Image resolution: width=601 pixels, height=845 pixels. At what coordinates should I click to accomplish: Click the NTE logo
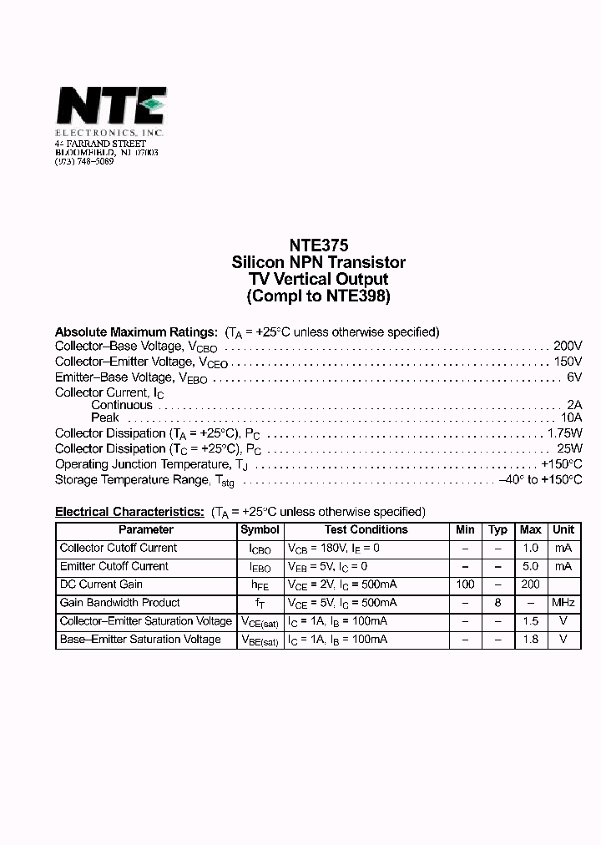pyautogui.click(x=110, y=107)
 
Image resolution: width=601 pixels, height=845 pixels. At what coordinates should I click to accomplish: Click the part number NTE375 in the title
pyautogui.click(x=318, y=246)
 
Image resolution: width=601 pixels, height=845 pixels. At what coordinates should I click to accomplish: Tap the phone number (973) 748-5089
pyautogui.click(x=84, y=161)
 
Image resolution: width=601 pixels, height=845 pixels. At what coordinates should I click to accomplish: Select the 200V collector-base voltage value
pyautogui.click(x=567, y=346)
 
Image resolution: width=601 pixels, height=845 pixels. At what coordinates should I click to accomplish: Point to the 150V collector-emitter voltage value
pyautogui.click(x=567, y=362)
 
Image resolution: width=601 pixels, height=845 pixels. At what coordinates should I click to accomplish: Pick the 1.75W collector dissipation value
pyautogui.click(x=563, y=433)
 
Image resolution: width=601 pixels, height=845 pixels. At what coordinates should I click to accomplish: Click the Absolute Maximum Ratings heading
pyautogui.click(x=136, y=331)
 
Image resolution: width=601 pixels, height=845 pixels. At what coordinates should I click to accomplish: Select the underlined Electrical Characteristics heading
pyautogui.click(x=129, y=512)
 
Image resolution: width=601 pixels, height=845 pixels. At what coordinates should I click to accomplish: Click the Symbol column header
pyautogui.click(x=260, y=530)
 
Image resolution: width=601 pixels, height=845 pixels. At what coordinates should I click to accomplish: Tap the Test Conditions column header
pyautogui.click(x=366, y=530)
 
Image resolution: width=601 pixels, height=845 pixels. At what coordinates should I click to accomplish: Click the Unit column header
pyautogui.click(x=563, y=530)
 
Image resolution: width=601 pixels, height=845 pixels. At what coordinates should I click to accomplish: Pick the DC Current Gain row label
pyautogui.click(x=101, y=584)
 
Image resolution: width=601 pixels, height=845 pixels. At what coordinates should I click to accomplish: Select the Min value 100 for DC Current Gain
pyautogui.click(x=465, y=584)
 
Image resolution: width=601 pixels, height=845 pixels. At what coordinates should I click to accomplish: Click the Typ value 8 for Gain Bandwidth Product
pyautogui.click(x=497, y=603)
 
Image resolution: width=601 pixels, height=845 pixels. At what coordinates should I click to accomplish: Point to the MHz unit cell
pyautogui.click(x=563, y=603)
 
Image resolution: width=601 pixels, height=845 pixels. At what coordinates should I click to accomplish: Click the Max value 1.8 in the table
pyautogui.click(x=530, y=640)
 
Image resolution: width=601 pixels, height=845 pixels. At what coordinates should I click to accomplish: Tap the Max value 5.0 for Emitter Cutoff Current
pyautogui.click(x=530, y=566)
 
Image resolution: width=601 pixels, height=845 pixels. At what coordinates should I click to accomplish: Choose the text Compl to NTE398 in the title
pyautogui.click(x=318, y=296)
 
